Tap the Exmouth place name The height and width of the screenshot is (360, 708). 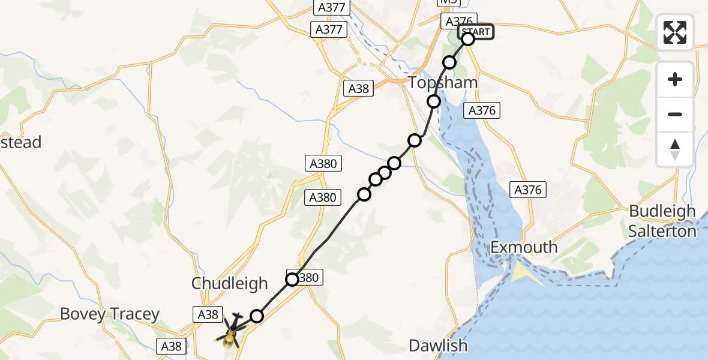click(523, 247)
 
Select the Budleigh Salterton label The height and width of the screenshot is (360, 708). click(662, 221)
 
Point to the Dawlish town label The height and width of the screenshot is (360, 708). click(438, 346)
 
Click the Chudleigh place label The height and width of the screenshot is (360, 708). click(229, 284)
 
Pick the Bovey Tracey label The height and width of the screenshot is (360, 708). click(110, 314)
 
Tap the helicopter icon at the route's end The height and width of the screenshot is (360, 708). click(230, 331)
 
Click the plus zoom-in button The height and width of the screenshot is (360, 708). click(675, 79)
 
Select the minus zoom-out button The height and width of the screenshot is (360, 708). click(675, 114)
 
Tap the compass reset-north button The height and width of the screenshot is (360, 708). click(675, 149)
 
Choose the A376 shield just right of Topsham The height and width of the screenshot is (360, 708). click(482, 110)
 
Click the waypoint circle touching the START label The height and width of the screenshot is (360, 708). click(467, 40)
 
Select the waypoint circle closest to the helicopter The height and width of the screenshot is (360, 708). click(257, 316)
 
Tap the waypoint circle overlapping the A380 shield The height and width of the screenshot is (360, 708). click(292, 280)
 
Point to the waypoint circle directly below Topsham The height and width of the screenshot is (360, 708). click(434, 102)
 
